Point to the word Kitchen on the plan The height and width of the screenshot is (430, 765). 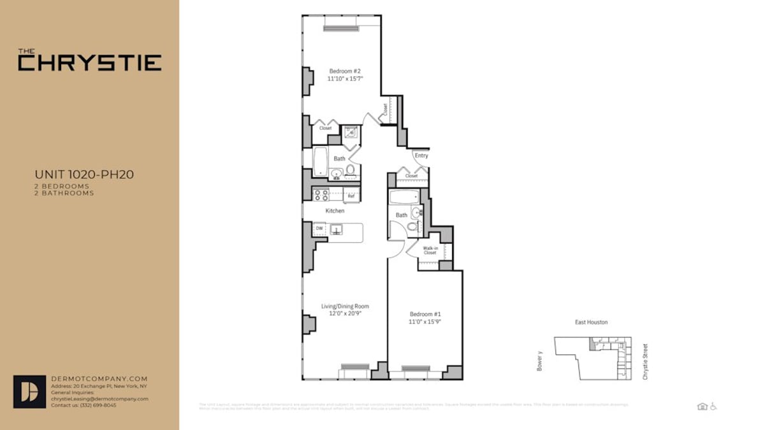[335, 211]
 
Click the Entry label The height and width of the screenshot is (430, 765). [421, 155]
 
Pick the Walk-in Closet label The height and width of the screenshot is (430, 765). [430, 250]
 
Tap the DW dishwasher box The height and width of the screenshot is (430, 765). [319, 228]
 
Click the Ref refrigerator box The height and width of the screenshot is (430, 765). [351, 196]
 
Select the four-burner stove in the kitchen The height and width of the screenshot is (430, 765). [320, 195]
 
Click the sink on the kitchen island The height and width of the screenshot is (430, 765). [336, 229]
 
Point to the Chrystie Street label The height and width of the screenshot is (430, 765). [645, 362]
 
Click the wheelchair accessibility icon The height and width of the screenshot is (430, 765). [713, 406]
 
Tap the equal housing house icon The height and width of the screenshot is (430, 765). [703, 406]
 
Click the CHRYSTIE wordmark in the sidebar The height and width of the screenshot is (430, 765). [89, 62]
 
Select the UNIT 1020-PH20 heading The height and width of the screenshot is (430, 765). [84, 174]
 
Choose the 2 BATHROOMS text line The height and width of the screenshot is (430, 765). [64, 193]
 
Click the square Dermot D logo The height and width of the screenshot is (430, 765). [29, 392]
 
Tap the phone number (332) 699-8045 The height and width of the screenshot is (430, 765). [93, 405]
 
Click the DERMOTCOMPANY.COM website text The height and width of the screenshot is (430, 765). [99, 378]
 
